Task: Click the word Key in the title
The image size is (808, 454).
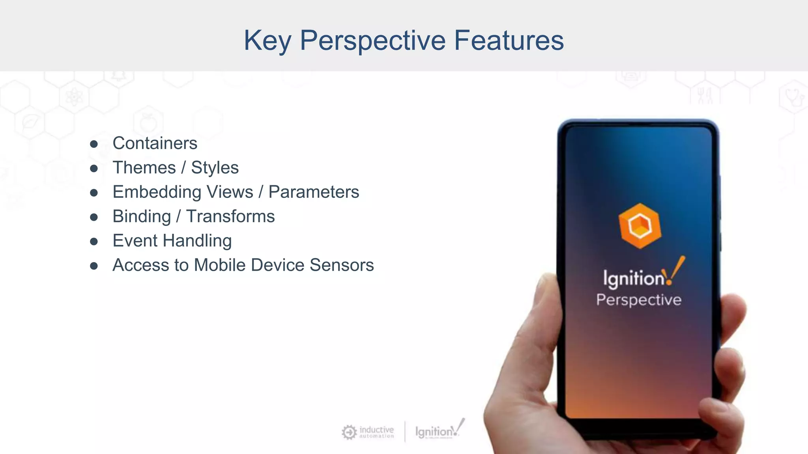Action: click(x=267, y=41)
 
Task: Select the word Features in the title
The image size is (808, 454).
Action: click(x=509, y=40)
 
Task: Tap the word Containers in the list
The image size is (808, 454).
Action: click(x=155, y=143)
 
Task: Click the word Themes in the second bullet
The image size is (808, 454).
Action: click(x=144, y=167)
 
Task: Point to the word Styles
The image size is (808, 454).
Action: click(x=215, y=168)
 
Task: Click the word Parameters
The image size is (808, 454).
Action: click(x=314, y=192)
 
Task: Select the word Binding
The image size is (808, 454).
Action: click(x=142, y=216)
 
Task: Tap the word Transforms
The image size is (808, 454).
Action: click(x=230, y=216)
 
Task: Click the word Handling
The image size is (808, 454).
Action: click(x=197, y=241)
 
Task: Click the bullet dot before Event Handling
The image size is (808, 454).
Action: click(x=94, y=241)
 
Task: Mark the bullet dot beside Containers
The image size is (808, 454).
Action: click(x=94, y=144)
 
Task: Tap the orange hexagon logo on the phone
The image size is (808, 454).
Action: click(x=640, y=226)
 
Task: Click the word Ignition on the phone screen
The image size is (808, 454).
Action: click(x=634, y=278)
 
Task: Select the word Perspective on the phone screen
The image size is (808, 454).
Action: click(x=639, y=300)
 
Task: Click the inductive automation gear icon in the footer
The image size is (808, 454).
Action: click(x=349, y=432)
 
